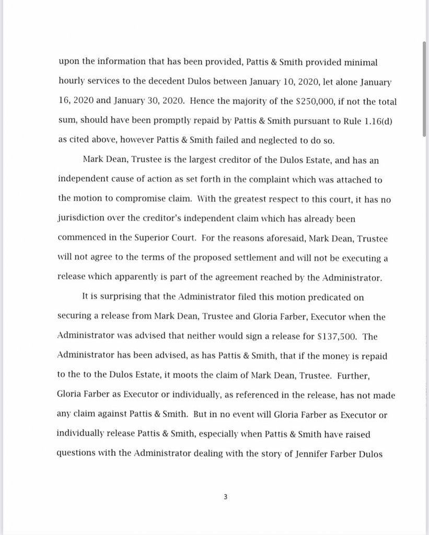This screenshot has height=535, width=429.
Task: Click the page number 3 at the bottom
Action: coord(225,497)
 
